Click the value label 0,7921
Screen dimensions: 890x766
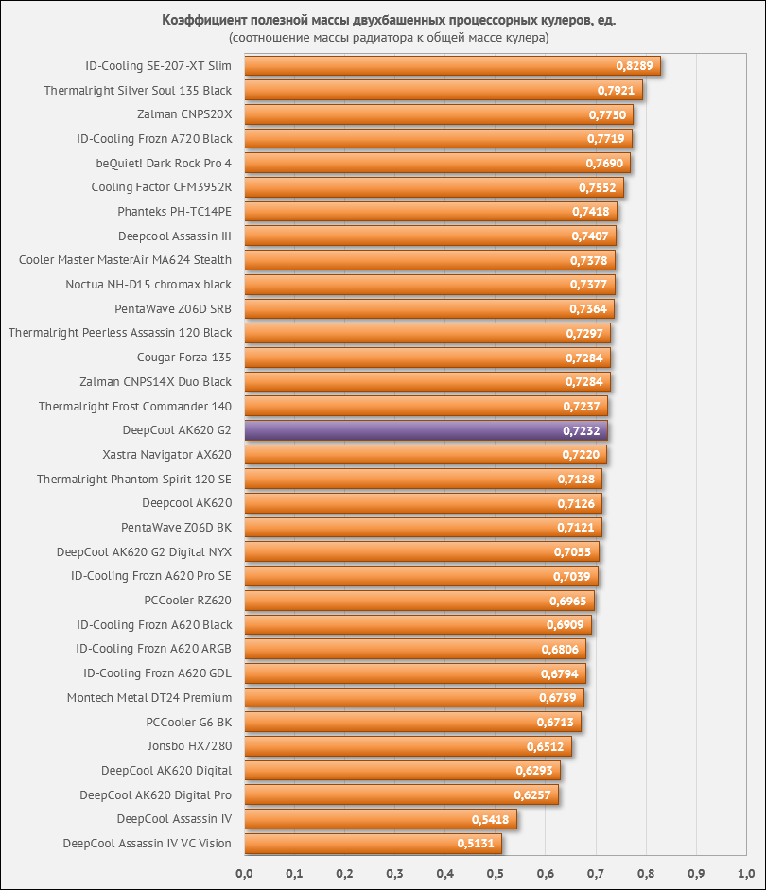(618, 91)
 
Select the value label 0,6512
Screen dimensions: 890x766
(546, 746)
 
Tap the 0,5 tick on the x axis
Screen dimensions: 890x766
(495, 872)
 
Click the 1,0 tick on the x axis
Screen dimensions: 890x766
(745, 872)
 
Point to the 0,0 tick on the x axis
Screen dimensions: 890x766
(244, 872)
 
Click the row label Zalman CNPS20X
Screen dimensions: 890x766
(184, 114)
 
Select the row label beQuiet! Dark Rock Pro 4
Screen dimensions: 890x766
(164, 164)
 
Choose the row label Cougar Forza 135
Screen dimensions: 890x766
(184, 358)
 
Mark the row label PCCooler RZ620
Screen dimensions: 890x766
(187, 601)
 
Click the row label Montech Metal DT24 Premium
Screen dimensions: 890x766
(149, 698)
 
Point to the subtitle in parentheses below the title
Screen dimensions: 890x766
(388, 38)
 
